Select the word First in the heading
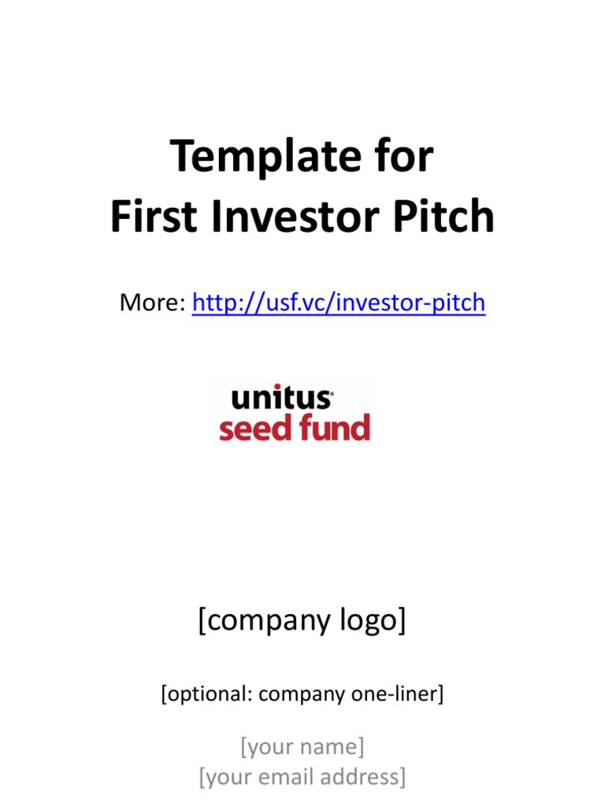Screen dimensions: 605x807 coord(154,216)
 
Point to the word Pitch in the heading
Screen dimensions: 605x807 coord(444,216)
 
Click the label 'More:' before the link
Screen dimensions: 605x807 coord(152,302)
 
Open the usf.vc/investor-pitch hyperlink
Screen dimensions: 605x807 coord(339,303)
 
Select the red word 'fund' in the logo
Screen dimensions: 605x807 coord(335,426)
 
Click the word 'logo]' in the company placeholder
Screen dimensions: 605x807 coord(373,620)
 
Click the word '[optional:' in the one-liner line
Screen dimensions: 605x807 coord(207,694)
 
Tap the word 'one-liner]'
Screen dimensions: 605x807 coord(398,694)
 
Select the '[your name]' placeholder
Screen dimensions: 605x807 coord(302,747)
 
